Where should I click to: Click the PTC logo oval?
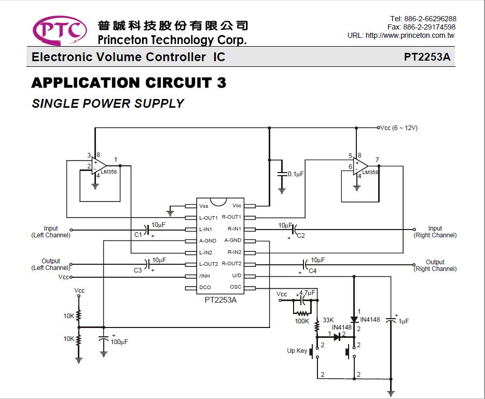click(x=60, y=30)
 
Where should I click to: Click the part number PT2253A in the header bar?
click(x=427, y=57)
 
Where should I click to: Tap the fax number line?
click(x=422, y=27)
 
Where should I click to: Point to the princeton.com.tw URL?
click(x=401, y=35)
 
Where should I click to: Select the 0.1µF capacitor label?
click(x=296, y=174)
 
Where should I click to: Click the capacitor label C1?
click(x=138, y=235)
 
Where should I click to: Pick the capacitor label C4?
click(x=312, y=270)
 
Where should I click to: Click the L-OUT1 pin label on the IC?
click(x=209, y=218)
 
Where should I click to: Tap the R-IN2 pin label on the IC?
click(x=234, y=252)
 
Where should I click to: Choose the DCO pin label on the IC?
click(x=205, y=287)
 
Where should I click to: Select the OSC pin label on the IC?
click(x=235, y=287)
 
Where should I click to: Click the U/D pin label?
click(x=237, y=275)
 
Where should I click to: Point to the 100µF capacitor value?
click(x=119, y=342)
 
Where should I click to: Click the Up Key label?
click(x=297, y=351)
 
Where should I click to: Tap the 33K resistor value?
click(x=328, y=320)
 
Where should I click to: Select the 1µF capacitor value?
click(x=404, y=321)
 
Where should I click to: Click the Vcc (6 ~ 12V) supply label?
click(x=399, y=127)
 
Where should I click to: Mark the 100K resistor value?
click(x=302, y=321)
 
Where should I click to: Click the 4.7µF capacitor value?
click(x=307, y=292)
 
